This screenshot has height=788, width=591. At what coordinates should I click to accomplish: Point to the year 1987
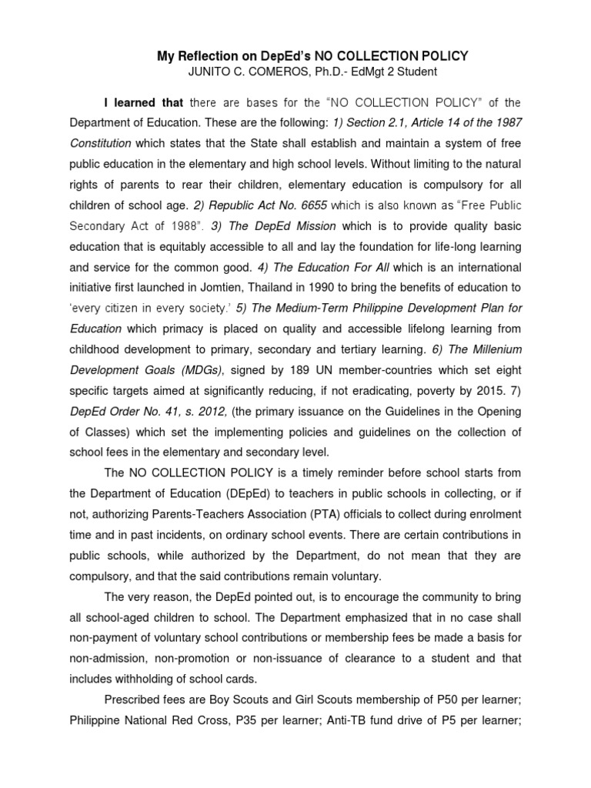(x=508, y=123)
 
